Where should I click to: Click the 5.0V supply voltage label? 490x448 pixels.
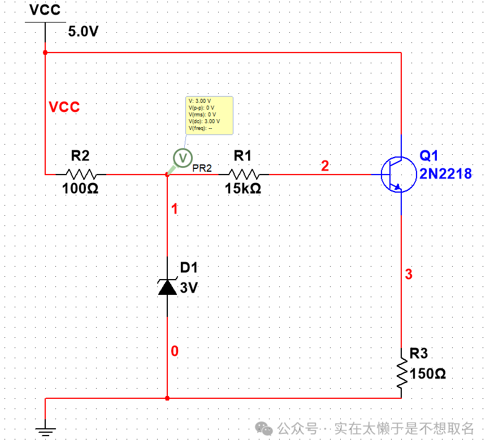[x=83, y=31]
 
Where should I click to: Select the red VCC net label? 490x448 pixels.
[x=64, y=107]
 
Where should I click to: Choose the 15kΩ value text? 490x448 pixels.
[x=243, y=189]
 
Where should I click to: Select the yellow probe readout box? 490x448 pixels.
[x=209, y=115]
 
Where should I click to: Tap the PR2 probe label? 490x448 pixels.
[x=202, y=168]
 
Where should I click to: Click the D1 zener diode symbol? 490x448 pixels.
[x=167, y=286]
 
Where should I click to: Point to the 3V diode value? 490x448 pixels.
[x=189, y=288]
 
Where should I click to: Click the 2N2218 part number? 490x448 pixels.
[x=445, y=173]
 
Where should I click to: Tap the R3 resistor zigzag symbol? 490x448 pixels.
[x=401, y=372]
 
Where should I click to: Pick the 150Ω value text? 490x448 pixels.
[x=428, y=373]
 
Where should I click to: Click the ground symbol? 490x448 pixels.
[x=45, y=430]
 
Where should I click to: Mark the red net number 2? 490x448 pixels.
[x=324, y=166]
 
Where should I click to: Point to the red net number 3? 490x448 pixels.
[x=409, y=275]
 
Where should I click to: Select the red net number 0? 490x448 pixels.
[x=175, y=351]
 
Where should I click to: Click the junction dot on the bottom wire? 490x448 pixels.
[x=167, y=398]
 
